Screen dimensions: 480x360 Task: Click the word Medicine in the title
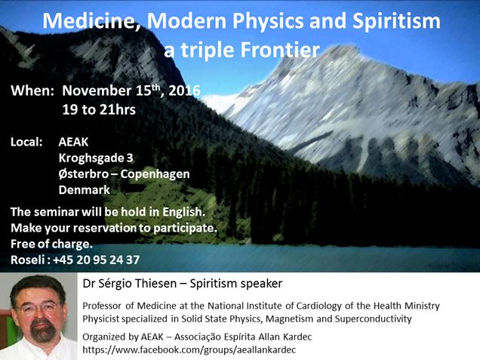tap(91, 21)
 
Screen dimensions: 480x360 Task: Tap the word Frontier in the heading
tap(280, 50)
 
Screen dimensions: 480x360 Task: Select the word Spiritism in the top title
tap(396, 21)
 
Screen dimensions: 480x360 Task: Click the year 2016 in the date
tap(184, 91)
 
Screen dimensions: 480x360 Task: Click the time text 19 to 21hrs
tap(99, 109)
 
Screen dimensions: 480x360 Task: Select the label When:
tap(32, 91)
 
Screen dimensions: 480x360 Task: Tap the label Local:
tap(26, 142)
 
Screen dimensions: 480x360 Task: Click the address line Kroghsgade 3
tap(96, 158)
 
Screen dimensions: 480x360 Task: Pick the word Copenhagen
tap(155, 174)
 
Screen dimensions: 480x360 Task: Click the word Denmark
tap(85, 189)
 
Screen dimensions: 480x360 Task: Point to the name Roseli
tap(28, 260)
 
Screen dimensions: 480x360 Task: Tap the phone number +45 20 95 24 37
tap(97, 260)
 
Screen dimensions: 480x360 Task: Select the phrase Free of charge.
tap(51, 244)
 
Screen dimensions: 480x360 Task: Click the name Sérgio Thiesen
tap(137, 284)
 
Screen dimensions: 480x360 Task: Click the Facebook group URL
tap(189, 349)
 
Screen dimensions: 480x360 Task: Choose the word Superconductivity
tap(373, 319)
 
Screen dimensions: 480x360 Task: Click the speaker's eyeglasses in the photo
tap(38, 307)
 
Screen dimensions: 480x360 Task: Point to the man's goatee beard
tap(43, 331)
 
